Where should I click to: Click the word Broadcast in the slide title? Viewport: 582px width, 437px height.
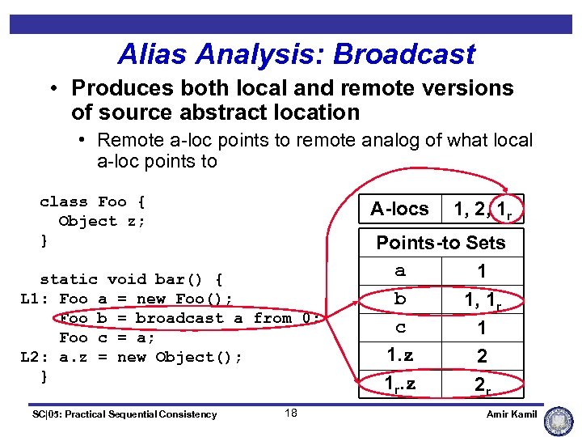point(404,54)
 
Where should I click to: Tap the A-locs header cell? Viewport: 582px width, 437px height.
point(399,209)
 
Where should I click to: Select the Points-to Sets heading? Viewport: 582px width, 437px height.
point(441,243)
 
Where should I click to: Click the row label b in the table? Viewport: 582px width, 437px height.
point(400,299)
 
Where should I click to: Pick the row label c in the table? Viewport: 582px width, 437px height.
point(400,328)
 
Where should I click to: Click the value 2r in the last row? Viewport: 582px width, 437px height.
point(483,385)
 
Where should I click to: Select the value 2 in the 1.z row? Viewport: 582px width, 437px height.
point(483,356)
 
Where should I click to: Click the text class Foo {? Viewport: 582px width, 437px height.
point(92,202)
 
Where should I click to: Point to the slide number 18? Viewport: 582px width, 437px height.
point(291,414)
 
